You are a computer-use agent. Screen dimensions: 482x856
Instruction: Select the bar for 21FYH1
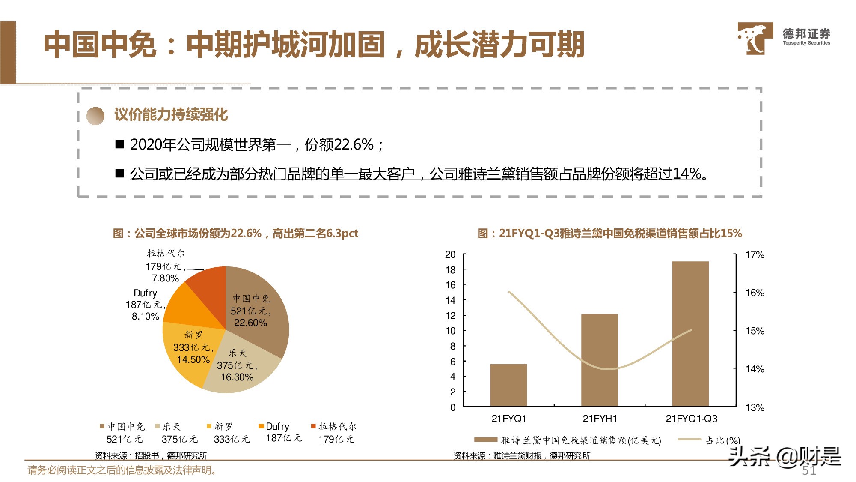pos(599,360)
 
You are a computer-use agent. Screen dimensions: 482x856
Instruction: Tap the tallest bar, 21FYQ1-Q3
pos(690,334)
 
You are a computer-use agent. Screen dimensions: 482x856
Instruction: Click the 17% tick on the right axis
pos(755,255)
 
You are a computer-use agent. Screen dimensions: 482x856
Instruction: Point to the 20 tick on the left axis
pos(450,254)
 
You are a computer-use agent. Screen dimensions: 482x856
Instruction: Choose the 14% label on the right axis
pos(755,369)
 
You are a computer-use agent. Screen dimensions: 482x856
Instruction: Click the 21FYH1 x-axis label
pos(600,419)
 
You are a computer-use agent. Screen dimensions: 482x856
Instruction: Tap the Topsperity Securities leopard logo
pos(755,39)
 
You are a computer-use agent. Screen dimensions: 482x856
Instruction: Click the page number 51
pos(809,470)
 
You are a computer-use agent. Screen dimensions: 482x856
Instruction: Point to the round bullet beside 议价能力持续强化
pos(95,116)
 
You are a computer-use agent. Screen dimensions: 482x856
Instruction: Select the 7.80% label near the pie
pos(165,278)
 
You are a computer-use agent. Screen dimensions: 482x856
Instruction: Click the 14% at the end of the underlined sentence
pos(687,174)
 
